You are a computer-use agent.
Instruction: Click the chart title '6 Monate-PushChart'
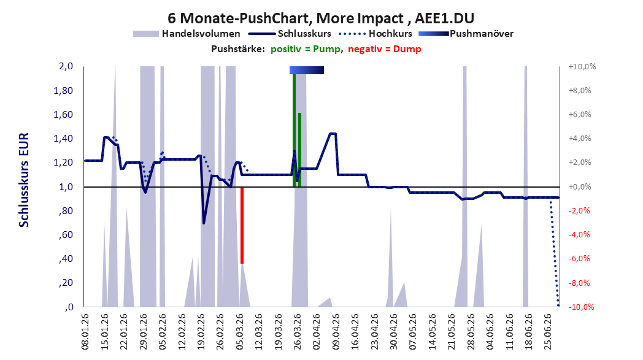239,18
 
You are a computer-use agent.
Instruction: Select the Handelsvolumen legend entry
187,34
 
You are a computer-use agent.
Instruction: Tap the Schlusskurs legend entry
290,34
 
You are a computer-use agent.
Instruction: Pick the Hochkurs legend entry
375,34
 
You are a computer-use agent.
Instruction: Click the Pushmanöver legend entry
466,34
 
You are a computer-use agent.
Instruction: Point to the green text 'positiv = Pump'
305,49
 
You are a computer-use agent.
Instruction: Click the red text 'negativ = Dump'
385,49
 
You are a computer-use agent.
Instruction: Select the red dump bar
242,225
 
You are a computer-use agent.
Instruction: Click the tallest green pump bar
294,131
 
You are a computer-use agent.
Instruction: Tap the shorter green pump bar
300,150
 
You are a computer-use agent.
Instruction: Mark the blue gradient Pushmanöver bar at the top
307,70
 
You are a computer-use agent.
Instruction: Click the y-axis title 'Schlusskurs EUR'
24,180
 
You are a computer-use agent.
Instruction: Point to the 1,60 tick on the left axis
63,115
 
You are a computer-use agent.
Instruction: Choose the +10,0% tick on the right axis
582,66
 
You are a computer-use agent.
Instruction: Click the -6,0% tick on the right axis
580,259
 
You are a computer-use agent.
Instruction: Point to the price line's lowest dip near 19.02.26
204,223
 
